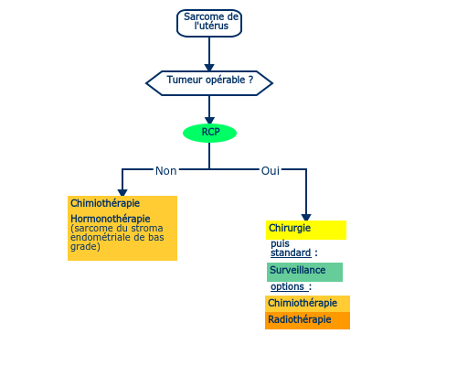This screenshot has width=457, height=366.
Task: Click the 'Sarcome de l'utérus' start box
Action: (209, 23)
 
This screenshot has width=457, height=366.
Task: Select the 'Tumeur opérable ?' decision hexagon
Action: (209, 83)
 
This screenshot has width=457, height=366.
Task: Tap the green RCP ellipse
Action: (209, 133)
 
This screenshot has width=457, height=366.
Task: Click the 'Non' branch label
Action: (166, 171)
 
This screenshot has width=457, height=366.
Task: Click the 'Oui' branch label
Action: (271, 171)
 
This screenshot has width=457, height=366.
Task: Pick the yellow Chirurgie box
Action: (306, 230)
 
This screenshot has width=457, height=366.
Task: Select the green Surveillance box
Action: (304, 272)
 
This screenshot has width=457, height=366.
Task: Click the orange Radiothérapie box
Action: (307, 320)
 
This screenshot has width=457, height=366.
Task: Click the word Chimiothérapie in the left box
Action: (105, 203)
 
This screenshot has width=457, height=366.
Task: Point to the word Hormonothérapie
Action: (111, 219)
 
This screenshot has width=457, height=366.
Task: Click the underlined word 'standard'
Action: (291, 253)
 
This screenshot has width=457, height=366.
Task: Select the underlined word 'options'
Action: (287, 286)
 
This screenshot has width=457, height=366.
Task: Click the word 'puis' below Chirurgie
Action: (280, 243)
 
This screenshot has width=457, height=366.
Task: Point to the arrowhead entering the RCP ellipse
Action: (209, 121)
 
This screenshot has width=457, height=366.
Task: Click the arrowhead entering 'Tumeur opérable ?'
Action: (209, 68)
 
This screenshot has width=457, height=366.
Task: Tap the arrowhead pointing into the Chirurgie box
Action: (306, 218)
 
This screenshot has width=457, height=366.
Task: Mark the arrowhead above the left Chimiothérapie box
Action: (122, 193)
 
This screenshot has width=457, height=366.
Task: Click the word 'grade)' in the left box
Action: (85, 247)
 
